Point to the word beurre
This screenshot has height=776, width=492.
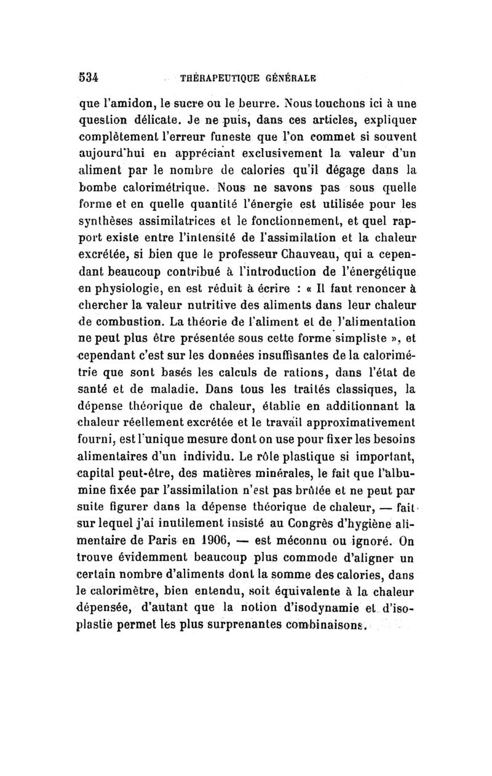(x=253, y=105)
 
